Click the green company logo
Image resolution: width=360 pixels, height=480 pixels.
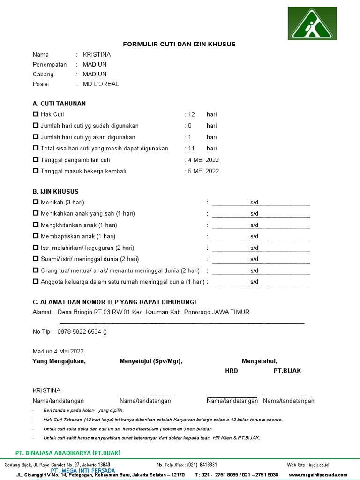(312, 23)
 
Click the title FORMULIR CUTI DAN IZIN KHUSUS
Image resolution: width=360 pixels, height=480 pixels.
(179, 44)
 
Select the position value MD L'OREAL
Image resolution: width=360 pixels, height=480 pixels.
(101, 84)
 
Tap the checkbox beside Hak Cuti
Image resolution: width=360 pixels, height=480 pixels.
(36, 114)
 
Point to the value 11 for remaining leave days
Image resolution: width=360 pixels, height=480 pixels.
(191, 149)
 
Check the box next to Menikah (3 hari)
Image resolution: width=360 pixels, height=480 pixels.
(36, 202)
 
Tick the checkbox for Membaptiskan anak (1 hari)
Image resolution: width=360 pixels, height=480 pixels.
(36, 236)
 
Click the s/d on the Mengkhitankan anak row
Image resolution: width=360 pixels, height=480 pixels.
(254, 225)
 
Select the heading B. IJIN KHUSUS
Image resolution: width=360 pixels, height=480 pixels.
(55, 191)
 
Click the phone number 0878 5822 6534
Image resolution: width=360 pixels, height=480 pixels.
(79, 332)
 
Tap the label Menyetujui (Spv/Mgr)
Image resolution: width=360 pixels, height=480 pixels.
(151, 361)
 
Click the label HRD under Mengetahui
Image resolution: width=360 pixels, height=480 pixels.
(232, 371)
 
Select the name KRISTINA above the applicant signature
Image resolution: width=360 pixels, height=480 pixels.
(46, 390)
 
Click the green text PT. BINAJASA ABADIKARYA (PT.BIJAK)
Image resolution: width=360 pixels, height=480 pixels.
(68, 453)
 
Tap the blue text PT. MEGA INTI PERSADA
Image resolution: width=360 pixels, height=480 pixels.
(83, 470)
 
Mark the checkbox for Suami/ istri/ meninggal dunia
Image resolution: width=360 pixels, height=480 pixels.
(36, 259)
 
